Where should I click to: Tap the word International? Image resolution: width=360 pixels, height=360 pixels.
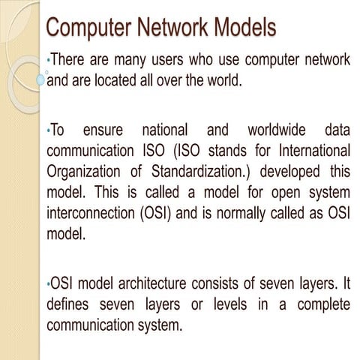tap(310, 149)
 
